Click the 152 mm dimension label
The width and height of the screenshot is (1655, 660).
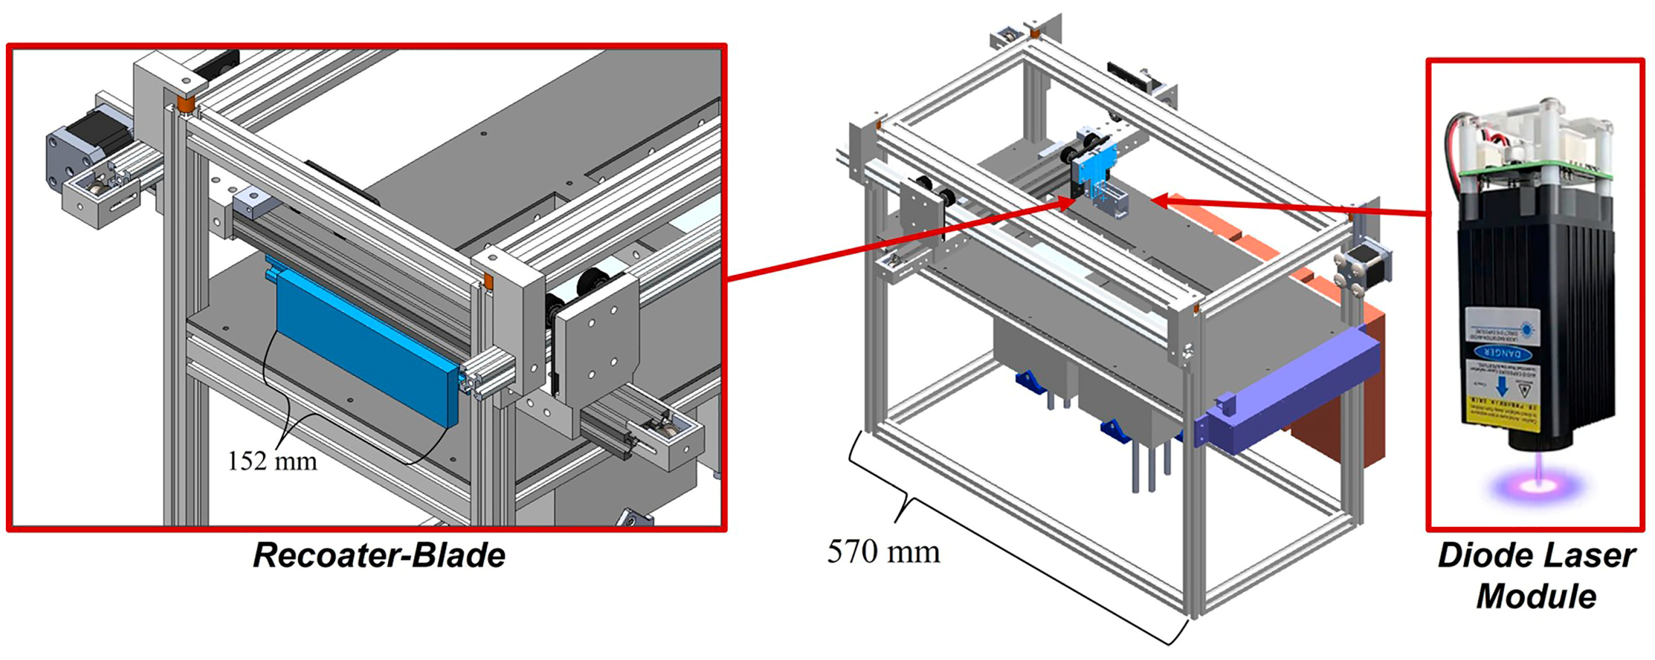pos(272,461)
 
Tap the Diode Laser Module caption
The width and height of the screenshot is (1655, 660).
pos(1536,576)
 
